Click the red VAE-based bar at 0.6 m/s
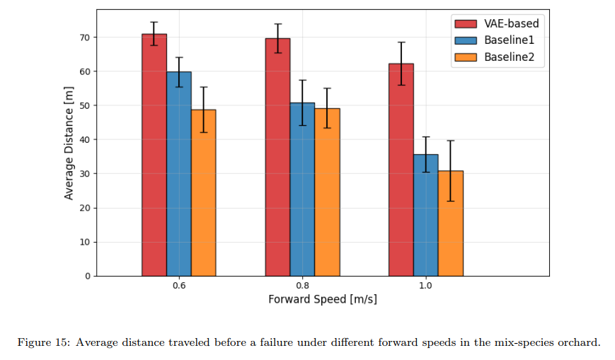pos(154,156)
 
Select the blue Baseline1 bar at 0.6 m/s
pos(179,174)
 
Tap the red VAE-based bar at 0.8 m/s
pos(277,157)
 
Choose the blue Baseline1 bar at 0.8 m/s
pos(302,190)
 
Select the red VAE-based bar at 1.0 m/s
pos(401,170)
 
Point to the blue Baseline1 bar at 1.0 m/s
pos(426,215)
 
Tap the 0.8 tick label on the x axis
pos(302,286)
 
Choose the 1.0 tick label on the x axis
pos(426,286)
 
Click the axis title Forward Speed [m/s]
pos(322,299)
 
